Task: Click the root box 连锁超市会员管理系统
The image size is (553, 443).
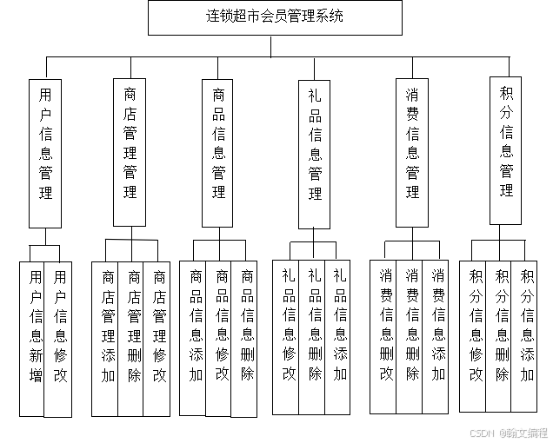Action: (x=275, y=17)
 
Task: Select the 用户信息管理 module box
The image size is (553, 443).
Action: (x=45, y=152)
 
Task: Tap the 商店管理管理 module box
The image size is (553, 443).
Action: (x=130, y=152)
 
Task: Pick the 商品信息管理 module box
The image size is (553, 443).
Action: (x=218, y=152)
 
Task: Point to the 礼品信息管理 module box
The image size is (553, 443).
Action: (x=315, y=152)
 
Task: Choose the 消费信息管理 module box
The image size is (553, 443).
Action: (x=412, y=152)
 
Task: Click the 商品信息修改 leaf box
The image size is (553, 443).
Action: (x=222, y=335)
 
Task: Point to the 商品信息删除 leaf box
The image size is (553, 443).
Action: (x=247, y=335)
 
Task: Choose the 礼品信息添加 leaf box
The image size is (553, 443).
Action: (x=339, y=334)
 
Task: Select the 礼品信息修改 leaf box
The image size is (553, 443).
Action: (x=288, y=334)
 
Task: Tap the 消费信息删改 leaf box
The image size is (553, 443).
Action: (x=385, y=335)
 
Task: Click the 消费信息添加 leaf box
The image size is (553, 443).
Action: (x=437, y=335)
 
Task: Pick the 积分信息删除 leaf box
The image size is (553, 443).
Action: (x=501, y=335)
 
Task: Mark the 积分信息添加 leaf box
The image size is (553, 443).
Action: (x=527, y=335)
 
